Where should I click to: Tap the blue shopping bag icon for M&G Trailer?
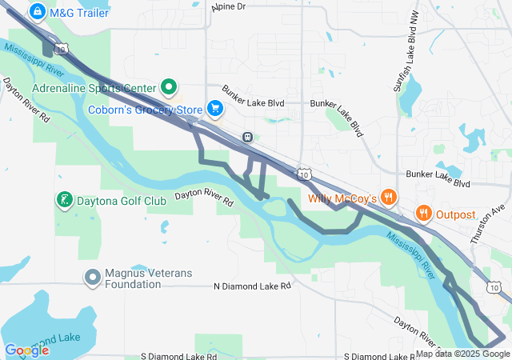coord(37,11)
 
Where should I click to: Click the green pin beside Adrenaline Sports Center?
coord(169,86)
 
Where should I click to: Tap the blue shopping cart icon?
coord(214,108)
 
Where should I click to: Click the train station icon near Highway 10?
coord(248,137)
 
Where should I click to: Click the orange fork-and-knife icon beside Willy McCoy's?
coord(389,197)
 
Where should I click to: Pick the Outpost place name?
coord(455,214)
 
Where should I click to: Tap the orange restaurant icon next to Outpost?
coord(422,214)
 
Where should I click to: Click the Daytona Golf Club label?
coord(122,200)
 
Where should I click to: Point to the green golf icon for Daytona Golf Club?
coord(64,199)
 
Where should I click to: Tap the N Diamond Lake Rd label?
coord(252,286)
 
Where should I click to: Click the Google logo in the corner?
coord(26,350)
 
